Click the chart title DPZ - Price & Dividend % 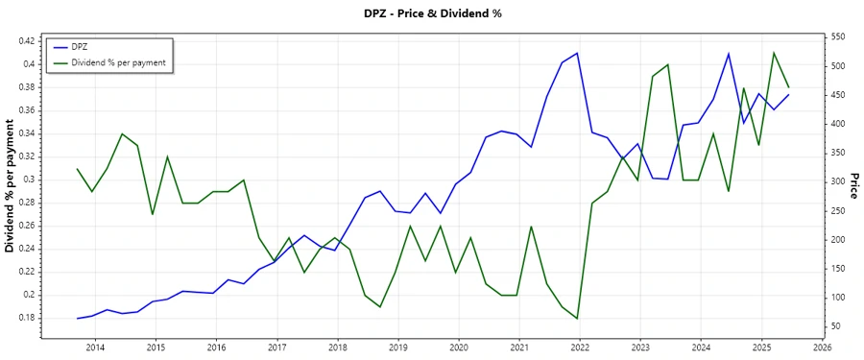431,13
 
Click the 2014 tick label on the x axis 95,348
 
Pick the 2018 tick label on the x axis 337,348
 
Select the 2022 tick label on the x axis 580,348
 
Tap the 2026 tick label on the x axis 822,348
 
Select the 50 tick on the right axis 833,326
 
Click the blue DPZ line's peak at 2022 577,53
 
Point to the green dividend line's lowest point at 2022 577,319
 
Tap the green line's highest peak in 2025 774,53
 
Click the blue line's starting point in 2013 77,318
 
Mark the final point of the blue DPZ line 789,94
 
